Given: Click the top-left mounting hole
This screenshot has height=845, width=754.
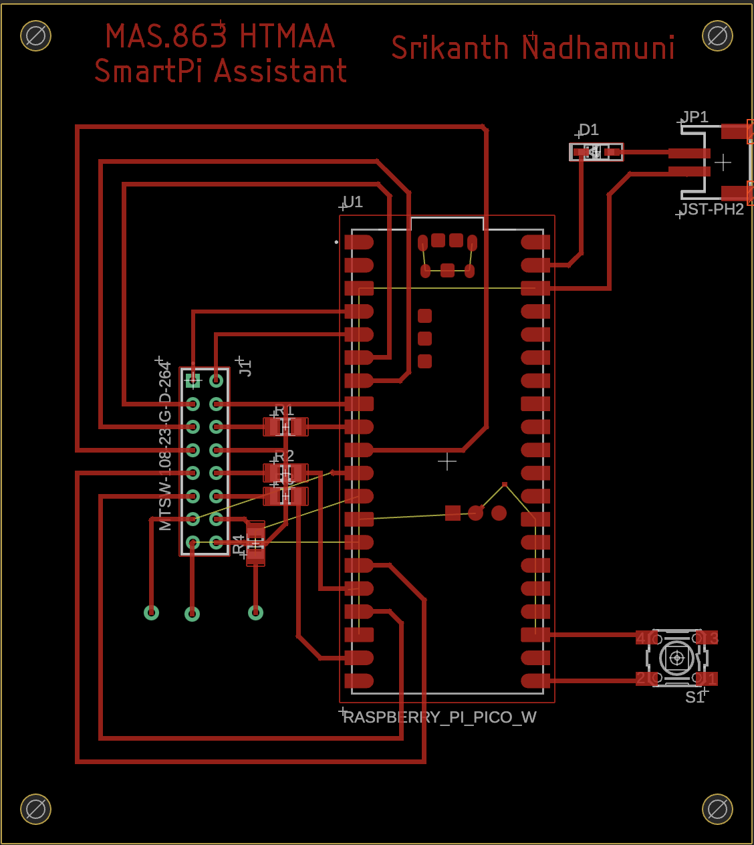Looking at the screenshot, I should coord(35,35).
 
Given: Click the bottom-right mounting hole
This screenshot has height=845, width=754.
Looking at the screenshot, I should coord(717,809).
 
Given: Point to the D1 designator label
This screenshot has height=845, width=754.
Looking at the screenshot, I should coord(589,130).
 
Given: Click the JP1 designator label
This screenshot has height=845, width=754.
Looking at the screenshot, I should coord(695,117).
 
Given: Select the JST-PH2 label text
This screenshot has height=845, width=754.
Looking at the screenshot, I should coord(713,209).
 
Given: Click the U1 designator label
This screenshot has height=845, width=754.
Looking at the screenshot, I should coord(353,202).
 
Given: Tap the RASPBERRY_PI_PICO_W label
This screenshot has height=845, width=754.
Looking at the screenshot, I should coord(440,717).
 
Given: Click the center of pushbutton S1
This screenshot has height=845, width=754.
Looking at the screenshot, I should coord(676,658).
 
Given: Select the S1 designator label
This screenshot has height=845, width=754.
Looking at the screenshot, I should coord(695,697).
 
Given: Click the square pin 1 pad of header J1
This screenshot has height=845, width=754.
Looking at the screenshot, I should coord(193,381).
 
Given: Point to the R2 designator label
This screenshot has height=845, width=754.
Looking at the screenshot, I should coord(285,456).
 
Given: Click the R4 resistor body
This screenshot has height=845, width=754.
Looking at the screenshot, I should coord(255,543).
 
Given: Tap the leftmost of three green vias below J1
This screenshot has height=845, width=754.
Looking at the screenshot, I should coord(152,612).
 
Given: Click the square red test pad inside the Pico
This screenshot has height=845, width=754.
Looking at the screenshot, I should coord(453,513).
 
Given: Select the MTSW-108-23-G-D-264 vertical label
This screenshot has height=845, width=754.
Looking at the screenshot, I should coord(165,447).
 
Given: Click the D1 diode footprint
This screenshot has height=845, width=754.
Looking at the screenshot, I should coord(596,152).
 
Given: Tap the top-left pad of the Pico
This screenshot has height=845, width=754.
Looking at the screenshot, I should coord(359,242).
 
